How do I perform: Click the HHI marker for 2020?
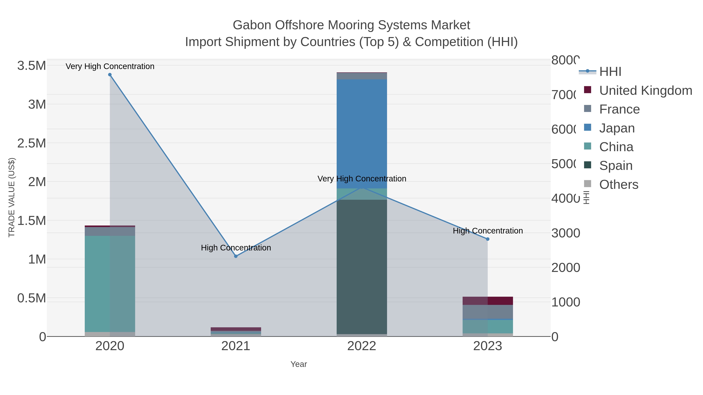click(x=110, y=75)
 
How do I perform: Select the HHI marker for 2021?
click(x=236, y=256)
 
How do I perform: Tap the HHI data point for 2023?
click(x=488, y=239)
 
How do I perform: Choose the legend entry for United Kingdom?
click(x=645, y=91)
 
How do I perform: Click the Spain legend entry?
click(x=616, y=166)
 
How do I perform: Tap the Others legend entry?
click(x=618, y=185)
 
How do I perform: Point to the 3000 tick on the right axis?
click(x=566, y=233)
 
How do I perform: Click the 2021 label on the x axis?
click(x=236, y=346)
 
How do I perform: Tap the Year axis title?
click(x=299, y=364)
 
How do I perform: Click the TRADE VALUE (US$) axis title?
click(x=12, y=197)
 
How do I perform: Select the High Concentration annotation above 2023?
click(x=488, y=231)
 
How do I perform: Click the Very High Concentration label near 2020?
click(x=110, y=67)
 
